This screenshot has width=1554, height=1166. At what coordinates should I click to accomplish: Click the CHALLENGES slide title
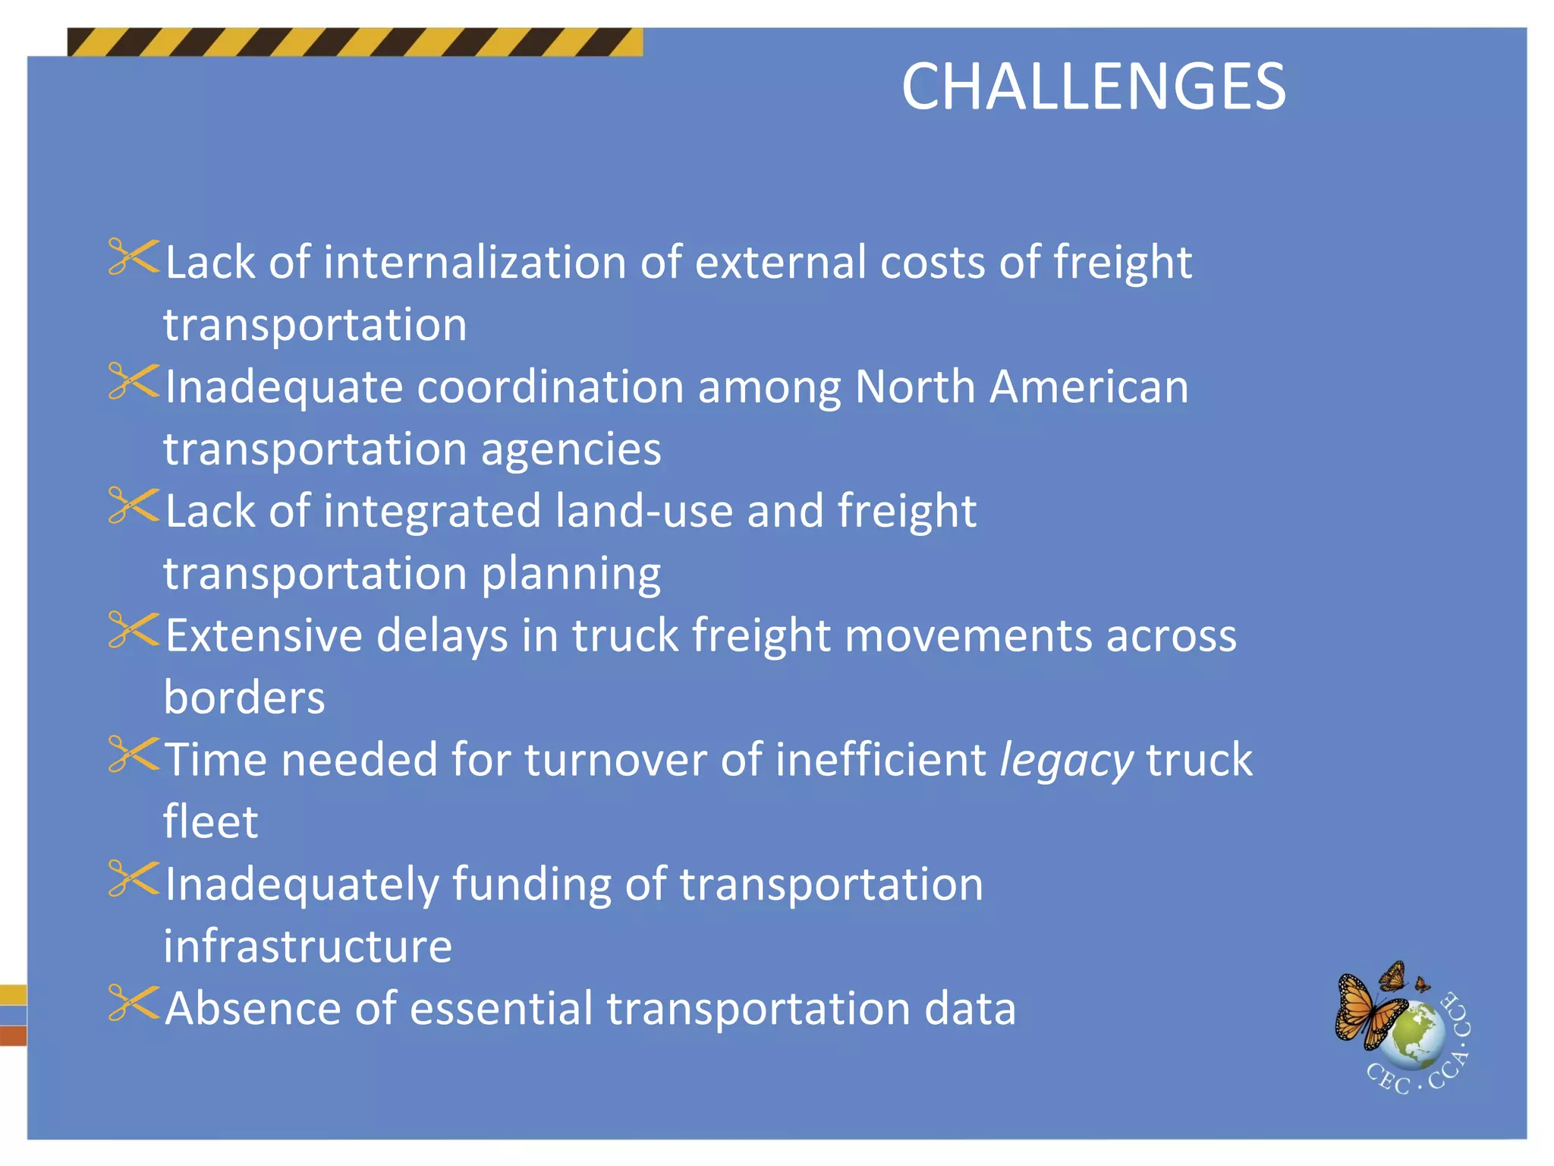click(1093, 87)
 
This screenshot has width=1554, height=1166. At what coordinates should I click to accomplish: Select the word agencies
click(571, 449)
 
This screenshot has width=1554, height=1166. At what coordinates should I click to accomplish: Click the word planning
click(571, 574)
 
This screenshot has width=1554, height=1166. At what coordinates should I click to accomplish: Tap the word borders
click(244, 698)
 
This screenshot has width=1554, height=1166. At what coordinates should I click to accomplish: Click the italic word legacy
click(1066, 761)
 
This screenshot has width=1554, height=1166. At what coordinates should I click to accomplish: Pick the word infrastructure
click(307, 947)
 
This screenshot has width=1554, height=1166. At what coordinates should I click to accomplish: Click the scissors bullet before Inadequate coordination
click(134, 381)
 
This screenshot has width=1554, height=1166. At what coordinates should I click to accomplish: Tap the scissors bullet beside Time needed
click(134, 754)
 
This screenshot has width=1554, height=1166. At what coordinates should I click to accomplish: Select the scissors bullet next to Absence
click(134, 1003)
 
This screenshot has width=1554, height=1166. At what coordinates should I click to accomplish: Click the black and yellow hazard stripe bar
click(354, 43)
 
